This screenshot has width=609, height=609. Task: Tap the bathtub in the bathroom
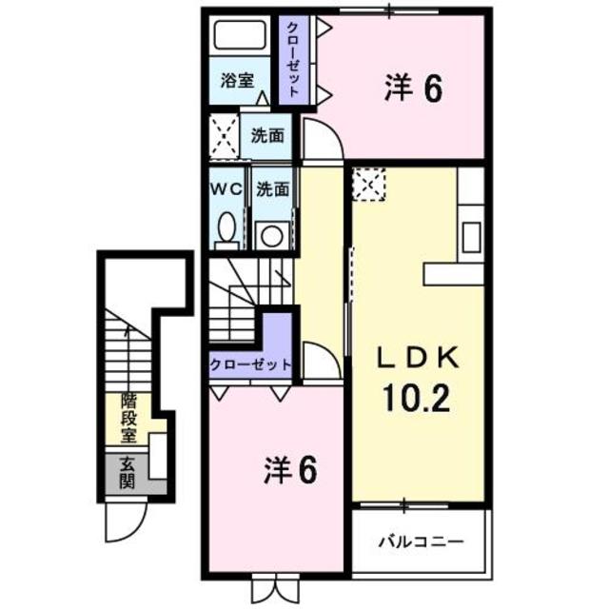point(240,36)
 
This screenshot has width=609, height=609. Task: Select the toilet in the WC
point(226,228)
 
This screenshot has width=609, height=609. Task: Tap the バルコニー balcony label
point(422,541)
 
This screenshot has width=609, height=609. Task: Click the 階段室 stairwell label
point(127,418)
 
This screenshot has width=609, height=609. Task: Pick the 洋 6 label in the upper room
point(414,88)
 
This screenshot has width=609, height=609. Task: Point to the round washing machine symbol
point(270,233)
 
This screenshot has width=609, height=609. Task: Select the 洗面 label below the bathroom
point(267,135)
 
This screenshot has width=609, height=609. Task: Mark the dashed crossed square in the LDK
point(368,184)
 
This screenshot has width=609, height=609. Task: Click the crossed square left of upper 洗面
point(225,135)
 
